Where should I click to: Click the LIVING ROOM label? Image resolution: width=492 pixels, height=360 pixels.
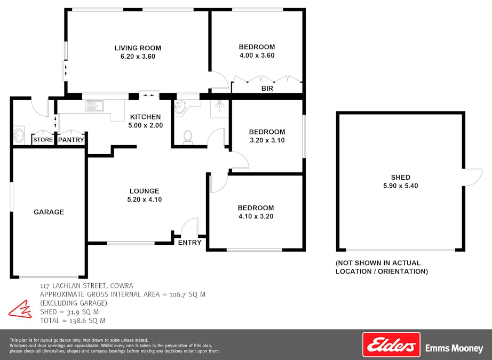pyautogui.click(x=138, y=48)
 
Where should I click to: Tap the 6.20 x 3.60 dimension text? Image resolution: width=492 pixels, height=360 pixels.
pyautogui.click(x=138, y=57)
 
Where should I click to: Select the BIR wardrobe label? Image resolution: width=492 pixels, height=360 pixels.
pyautogui.click(x=267, y=89)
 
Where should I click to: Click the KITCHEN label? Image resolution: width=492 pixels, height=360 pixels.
pyautogui.click(x=145, y=117)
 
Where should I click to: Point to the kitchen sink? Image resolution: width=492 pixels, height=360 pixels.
pyautogui.click(x=96, y=106)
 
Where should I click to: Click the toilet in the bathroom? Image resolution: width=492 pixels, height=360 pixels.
pyautogui.click(x=187, y=137)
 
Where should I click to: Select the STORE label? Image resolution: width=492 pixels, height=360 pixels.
pyautogui.click(x=43, y=140)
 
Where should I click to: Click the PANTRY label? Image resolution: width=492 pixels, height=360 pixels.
pyautogui.click(x=70, y=140)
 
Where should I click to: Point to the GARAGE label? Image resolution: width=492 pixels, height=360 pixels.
pyautogui.click(x=49, y=212)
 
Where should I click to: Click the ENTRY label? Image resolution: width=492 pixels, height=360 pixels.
pyautogui.click(x=190, y=243)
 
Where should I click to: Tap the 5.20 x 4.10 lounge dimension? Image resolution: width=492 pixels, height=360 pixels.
pyautogui.click(x=144, y=199)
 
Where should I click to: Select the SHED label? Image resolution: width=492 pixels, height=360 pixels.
pyautogui.click(x=400, y=178)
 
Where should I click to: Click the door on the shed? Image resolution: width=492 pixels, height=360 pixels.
pyautogui.click(x=472, y=177)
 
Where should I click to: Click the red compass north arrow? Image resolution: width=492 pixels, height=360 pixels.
pyautogui.click(x=20, y=309)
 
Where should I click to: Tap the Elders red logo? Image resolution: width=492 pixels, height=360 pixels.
pyautogui.click(x=391, y=345)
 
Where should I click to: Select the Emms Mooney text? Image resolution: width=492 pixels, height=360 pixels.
pyautogui.click(x=454, y=348)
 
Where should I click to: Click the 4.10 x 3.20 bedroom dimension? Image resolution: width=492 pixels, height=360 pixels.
pyautogui.click(x=256, y=217)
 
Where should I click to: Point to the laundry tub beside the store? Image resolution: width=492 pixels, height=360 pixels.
pyautogui.click(x=19, y=135)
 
